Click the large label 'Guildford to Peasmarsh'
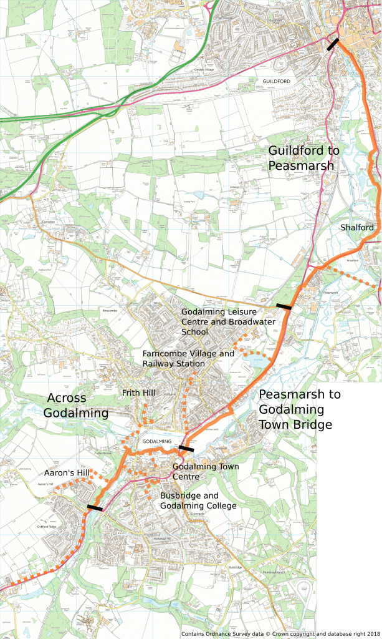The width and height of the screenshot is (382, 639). (x=304, y=158)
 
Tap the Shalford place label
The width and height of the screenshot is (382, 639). (x=357, y=228)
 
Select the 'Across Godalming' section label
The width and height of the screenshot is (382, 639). (x=75, y=405)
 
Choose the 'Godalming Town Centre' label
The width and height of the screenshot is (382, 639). (x=199, y=472)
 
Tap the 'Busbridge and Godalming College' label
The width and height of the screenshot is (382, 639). (x=198, y=500)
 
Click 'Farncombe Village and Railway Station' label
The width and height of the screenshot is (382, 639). (x=188, y=359)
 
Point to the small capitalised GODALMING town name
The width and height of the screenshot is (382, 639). (x=156, y=441)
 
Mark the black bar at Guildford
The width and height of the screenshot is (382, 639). (x=333, y=44)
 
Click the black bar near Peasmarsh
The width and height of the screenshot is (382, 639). (x=284, y=306)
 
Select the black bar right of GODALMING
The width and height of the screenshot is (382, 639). (x=186, y=448)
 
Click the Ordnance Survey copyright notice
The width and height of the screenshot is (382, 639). (x=248, y=634)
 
